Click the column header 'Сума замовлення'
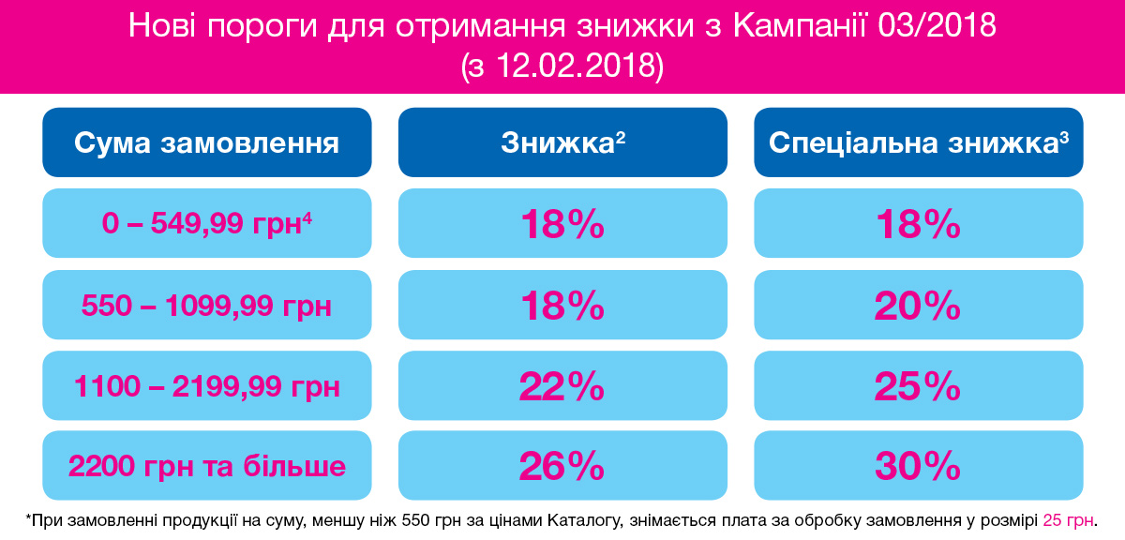pos(207,142)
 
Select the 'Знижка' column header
pos(562,142)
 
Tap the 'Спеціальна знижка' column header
pos(919,142)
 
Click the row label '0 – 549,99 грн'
pos(207,223)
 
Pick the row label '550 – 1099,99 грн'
pos(207,305)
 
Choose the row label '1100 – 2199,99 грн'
pos(207,386)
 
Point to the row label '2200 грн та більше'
pos(207,466)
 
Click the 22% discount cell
pos(562,386)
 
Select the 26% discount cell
pos(562,466)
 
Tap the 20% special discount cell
pos(919,305)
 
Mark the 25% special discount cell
pos(919,386)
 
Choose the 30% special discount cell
pos(919,466)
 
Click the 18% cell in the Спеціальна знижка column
pos(919,223)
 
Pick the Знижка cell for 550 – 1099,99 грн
pos(562,305)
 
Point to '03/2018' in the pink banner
pos(937,25)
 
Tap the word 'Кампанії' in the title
pos(800,25)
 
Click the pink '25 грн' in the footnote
pos(1068,520)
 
